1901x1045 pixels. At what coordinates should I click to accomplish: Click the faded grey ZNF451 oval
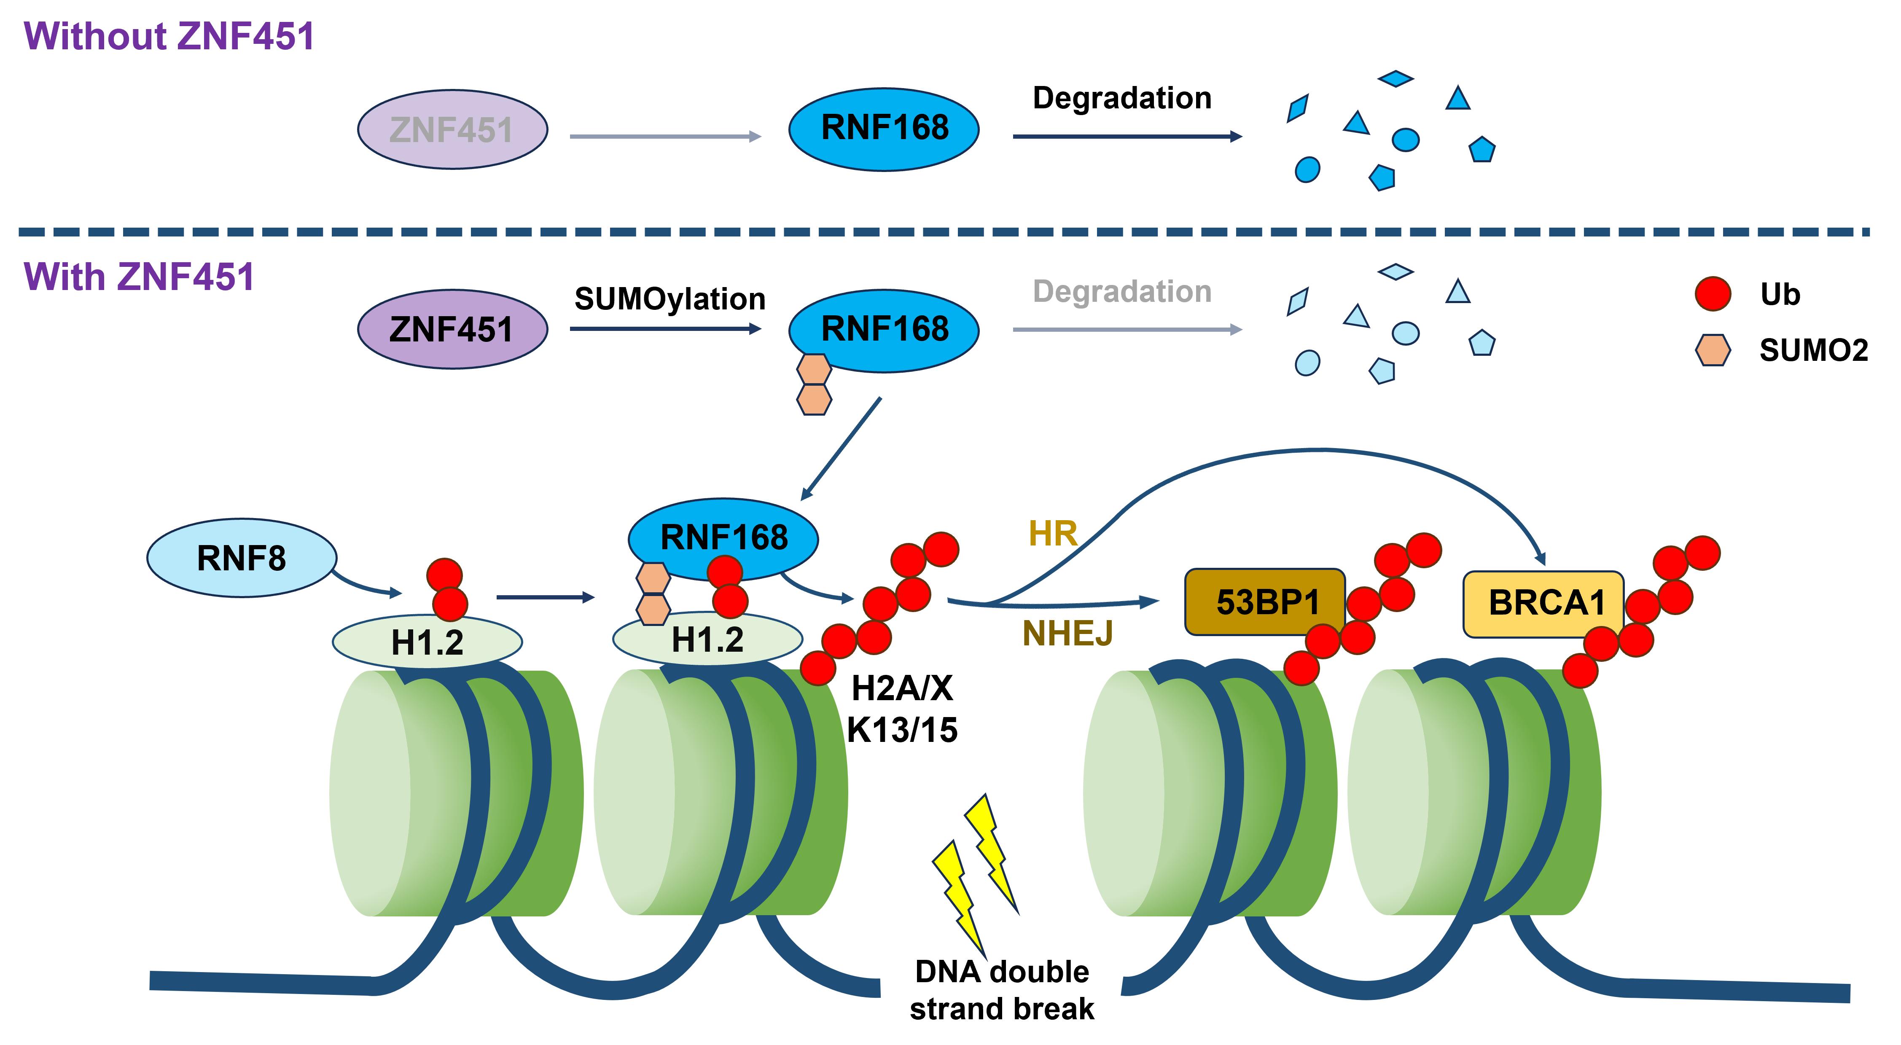pos(452,130)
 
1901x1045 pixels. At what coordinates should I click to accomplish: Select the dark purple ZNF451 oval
pos(452,329)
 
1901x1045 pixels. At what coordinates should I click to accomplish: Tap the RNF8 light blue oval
pos(241,558)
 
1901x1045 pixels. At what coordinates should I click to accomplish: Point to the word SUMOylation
pos(670,299)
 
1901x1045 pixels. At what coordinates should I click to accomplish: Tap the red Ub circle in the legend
pos(1712,294)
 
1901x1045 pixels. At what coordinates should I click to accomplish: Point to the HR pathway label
pos(1052,534)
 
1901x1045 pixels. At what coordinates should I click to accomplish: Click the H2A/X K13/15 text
pos(902,709)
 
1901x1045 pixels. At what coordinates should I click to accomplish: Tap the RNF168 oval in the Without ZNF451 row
pos(884,129)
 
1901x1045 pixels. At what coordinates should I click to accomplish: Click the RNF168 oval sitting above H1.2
pos(723,537)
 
